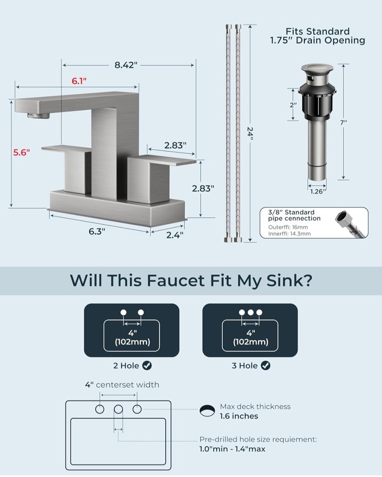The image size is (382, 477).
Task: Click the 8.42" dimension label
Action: pos(126,65)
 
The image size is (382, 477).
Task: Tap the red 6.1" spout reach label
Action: pos(79,81)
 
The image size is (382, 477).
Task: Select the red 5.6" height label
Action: pos(21,153)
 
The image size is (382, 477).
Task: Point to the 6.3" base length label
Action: pos(97,231)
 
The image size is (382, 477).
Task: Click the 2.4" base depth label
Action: pos(175,235)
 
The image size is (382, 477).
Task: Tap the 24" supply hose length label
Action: pos(250,134)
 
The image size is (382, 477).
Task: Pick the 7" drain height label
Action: pos(343,122)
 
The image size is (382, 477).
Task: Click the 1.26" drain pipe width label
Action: pos(318,192)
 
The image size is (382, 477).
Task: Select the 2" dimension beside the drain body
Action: pos(293,105)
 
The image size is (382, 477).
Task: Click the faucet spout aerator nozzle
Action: pos(38,115)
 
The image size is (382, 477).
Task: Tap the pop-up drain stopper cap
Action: pos(317,67)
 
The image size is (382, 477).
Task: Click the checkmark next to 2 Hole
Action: pos(147,365)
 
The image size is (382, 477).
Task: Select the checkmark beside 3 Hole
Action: pos(266,365)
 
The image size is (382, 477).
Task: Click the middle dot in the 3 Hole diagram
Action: pos(250,312)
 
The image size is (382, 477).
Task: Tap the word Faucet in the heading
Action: pos(176,281)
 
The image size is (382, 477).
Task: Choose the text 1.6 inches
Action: pos(239,416)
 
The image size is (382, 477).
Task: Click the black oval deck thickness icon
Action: pos(207,411)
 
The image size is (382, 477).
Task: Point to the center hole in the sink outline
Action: pos(118,409)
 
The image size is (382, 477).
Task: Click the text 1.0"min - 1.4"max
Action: pos(232,449)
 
